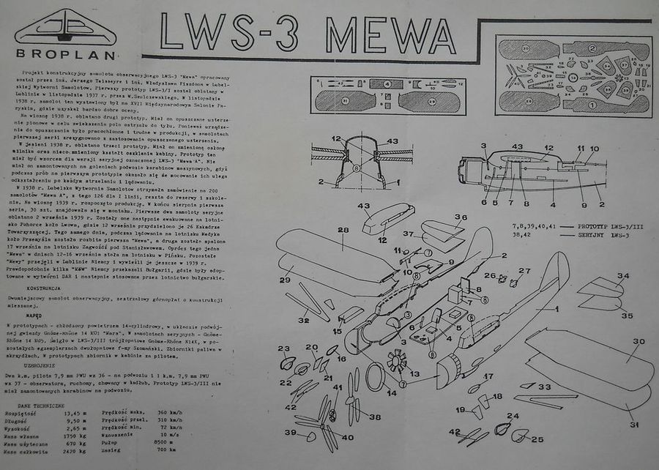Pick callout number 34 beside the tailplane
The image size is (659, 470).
click(x=622, y=276)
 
